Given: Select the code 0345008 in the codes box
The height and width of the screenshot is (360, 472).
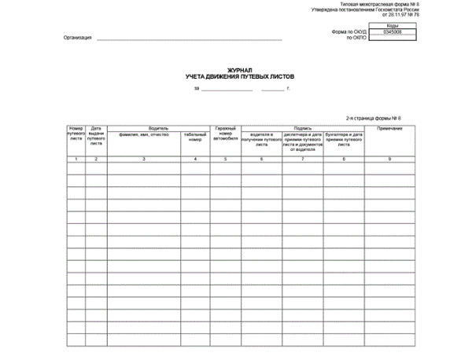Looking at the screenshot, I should pyautogui.click(x=393, y=32).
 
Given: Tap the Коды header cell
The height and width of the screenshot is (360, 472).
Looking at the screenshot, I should pyautogui.click(x=393, y=26).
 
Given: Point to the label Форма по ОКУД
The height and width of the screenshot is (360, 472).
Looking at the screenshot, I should pyautogui.click(x=350, y=32).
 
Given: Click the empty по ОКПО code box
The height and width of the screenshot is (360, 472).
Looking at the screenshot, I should pyautogui.click(x=393, y=38).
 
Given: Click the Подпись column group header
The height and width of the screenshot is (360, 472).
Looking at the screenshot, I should pyautogui.click(x=303, y=127).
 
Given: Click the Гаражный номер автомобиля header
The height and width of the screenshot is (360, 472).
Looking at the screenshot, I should pyautogui.click(x=224, y=134).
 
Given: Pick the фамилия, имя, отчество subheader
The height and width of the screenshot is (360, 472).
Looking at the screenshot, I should pyautogui.click(x=144, y=134).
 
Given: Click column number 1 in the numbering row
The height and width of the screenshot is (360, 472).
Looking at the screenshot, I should pyautogui.click(x=76, y=160).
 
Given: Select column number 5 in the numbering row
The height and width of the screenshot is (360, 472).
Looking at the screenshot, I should pyautogui.click(x=224, y=160).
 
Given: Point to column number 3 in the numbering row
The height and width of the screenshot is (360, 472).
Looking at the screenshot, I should pyautogui.click(x=144, y=160).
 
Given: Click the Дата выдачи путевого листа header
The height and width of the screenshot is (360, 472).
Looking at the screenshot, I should pyautogui.click(x=96, y=135).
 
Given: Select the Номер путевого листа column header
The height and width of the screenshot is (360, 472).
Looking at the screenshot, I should pyautogui.click(x=76, y=135).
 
